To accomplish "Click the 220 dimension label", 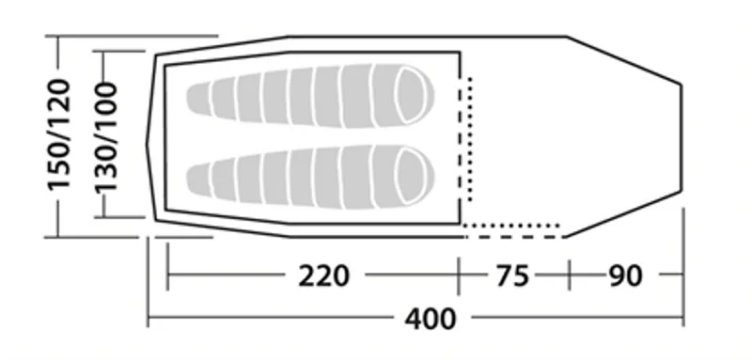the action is [x=323, y=275].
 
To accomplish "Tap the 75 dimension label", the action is [x=512, y=275].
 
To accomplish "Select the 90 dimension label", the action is [x=625, y=275].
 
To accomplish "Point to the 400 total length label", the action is [x=431, y=319].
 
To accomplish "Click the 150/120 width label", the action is [x=59, y=134].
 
